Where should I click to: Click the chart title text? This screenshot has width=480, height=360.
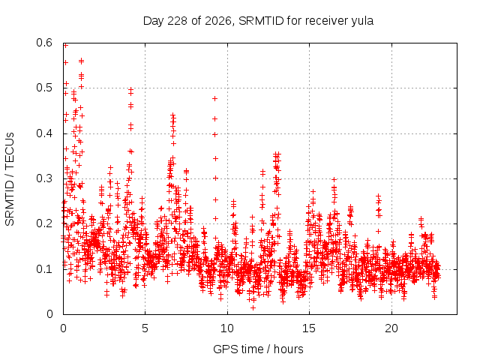point(258,21)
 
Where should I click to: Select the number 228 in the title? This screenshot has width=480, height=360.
point(178,21)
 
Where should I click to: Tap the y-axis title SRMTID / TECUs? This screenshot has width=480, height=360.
point(10,179)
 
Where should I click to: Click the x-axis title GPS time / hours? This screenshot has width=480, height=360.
point(258,349)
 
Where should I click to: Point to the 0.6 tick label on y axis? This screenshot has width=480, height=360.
point(44,43)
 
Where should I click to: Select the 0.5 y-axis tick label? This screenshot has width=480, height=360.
point(44,88)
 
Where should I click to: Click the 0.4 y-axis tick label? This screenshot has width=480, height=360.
point(44,133)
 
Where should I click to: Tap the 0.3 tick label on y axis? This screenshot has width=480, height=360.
point(44,178)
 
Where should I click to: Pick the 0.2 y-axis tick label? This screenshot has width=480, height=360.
point(44,223)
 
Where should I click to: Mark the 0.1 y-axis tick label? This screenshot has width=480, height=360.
point(44,269)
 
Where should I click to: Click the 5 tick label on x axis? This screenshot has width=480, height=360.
point(145,328)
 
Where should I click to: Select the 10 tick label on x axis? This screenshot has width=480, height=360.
point(227,328)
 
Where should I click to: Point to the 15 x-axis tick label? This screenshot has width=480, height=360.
point(309,328)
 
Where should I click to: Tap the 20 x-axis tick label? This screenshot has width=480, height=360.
point(391,328)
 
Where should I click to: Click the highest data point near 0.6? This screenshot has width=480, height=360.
point(65,46)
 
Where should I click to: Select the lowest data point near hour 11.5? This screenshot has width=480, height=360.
point(253,307)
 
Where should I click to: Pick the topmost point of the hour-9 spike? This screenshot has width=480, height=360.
point(215,98)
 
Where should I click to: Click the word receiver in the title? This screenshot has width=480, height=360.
point(327,21)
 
